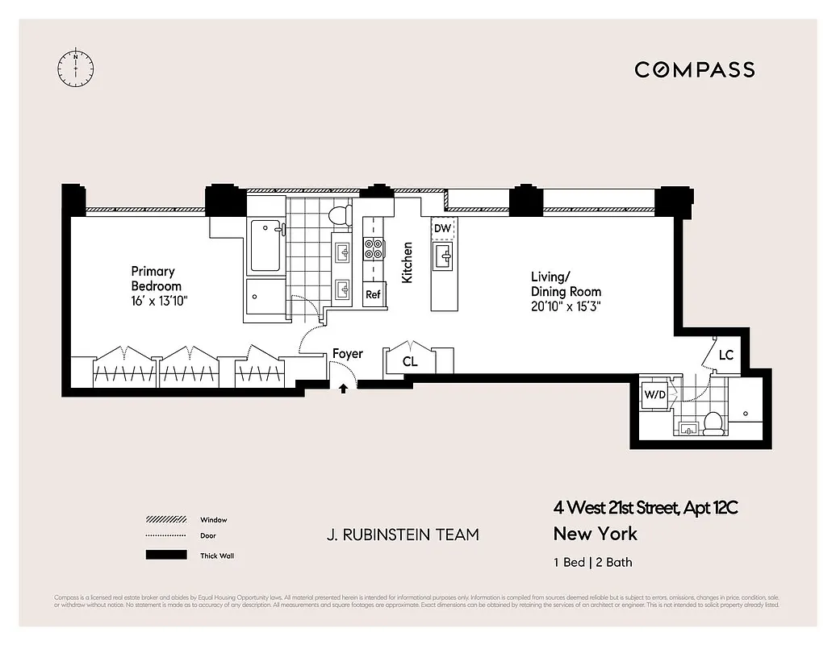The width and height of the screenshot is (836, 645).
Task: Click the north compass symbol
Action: tap(75, 68)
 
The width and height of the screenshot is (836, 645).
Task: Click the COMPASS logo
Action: tap(694, 69)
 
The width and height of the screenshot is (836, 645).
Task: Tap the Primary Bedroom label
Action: tap(156, 279)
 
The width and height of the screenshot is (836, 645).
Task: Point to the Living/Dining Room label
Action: tap(565, 285)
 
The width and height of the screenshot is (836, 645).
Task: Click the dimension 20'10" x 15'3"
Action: tap(566, 306)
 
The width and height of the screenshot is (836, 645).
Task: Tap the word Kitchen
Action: tap(408, 262)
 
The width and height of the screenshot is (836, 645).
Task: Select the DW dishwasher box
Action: tap(442, 229)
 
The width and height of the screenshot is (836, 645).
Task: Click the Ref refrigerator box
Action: tap(373, 294)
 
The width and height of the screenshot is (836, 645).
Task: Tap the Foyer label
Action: tap(347, 353)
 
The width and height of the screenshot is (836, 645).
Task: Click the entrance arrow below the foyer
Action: tap(343, 388)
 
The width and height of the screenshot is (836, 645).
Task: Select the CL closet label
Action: tap(410, 362)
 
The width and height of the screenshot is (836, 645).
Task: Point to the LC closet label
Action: tap(725, 355)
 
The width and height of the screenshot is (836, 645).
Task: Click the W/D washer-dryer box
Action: tap(654, 394)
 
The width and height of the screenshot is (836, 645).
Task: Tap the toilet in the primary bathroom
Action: tap(340, 214)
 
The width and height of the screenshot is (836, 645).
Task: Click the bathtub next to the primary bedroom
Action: tap(265, 246)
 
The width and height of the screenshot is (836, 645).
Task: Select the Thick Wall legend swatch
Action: tap(165, 555)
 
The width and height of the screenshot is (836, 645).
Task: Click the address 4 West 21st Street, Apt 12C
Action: tap(646, 508)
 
